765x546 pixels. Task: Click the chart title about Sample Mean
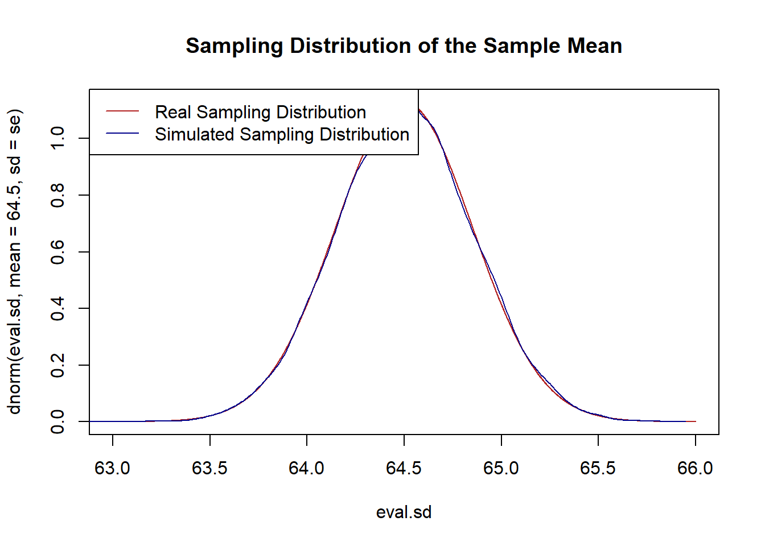click(404, 46)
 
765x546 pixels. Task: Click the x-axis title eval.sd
click(404, 512)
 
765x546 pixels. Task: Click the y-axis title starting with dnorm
click(14, 262)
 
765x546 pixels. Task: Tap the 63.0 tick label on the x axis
click(113, 468)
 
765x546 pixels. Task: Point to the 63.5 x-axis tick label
click(209, 468)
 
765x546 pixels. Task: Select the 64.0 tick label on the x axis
click(307, 468)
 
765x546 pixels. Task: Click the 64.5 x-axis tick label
click(404, 468)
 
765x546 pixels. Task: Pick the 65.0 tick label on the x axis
click(501, 468)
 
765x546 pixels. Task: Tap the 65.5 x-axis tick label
click(598, 468)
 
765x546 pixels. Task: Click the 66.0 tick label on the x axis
click(695, 468)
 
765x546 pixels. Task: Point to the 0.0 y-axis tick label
click(57, 421)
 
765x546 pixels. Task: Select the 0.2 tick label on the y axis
click(57, 365)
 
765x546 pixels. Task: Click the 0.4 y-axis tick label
click(57, 308)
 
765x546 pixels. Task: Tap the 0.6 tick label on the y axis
click(57, 252)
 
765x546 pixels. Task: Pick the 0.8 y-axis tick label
click(57, 195)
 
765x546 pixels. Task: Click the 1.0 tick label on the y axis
click(57, 138)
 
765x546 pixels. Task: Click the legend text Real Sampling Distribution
click(260, 112)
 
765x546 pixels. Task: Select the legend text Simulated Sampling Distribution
click(282, 134)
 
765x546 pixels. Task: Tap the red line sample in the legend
click(122, 111)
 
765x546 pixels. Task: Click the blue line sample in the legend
click(122, 134)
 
